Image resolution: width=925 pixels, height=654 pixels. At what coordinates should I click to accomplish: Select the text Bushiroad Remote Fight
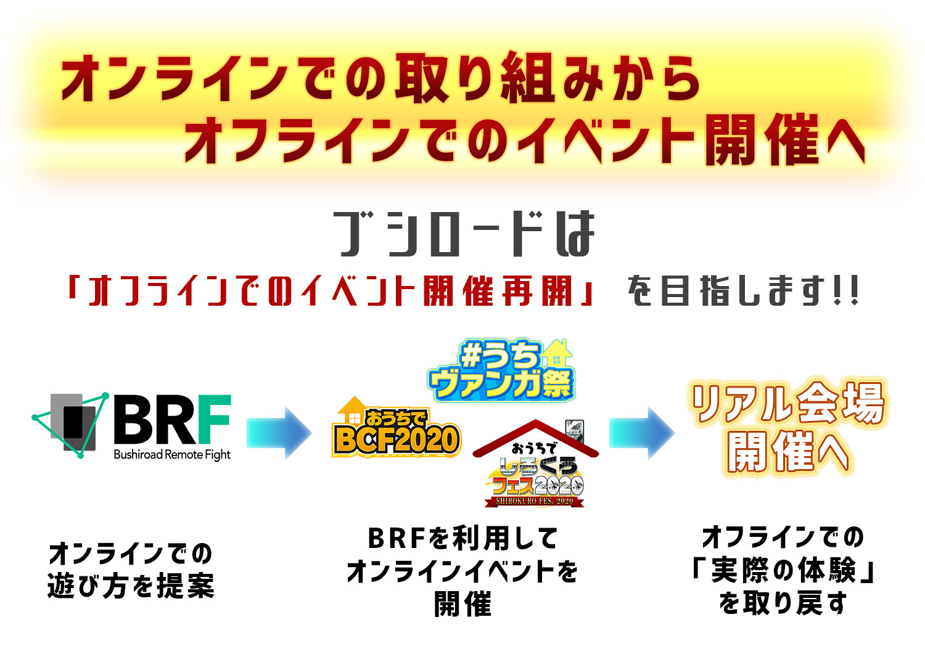[171, 455]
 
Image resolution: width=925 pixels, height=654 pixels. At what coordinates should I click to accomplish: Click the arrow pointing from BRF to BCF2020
[279, 433]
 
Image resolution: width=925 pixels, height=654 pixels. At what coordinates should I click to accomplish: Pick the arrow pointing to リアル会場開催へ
[641, 433]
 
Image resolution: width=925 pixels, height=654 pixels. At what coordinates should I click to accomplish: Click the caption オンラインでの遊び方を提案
[131, 570]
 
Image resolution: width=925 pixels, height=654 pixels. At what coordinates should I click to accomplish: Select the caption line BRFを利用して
[462, 539]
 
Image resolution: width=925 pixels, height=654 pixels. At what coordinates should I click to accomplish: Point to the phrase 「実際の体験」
[783, 570]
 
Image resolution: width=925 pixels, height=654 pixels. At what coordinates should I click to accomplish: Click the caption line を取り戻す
[783, 603]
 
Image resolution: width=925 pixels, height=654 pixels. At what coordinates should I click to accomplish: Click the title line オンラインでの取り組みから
[380, 78]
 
